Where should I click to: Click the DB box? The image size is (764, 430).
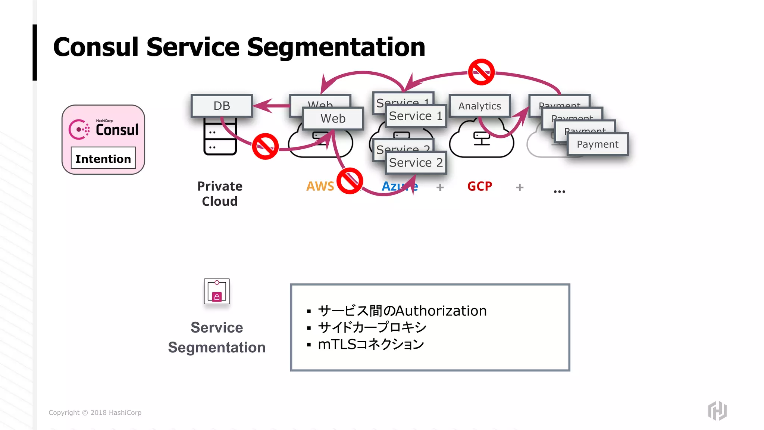[222, 106]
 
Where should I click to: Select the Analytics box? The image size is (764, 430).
[479, 106]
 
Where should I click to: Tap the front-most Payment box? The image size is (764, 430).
[597, 144]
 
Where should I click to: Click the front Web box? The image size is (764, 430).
[333, 118]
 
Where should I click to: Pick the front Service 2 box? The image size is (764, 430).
[416, 163]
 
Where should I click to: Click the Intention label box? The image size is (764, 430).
[103, 158]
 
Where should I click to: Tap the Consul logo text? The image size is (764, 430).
[117, 130]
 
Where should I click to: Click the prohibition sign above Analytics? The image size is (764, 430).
[481, 72]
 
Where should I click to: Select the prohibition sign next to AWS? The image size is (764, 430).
[350, 181]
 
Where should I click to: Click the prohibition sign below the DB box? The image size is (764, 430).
[265, 146]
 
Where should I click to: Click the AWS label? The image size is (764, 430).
[320, 186]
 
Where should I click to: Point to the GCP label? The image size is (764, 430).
[480, 186]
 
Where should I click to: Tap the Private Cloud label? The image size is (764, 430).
[220, 193]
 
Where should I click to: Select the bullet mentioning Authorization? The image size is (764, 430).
[402, 311]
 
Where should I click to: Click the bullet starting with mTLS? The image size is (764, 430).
[371, 344]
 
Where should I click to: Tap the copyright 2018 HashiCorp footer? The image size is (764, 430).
[95, 412]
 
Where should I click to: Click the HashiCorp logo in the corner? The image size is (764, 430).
[717, 411]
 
